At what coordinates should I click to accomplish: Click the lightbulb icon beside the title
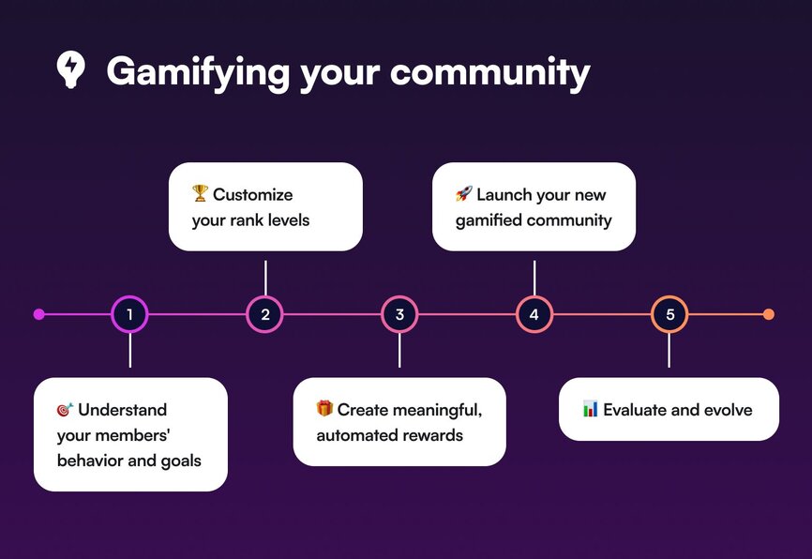(x=70, y=69)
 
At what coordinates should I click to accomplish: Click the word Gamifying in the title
(x=198, y=72)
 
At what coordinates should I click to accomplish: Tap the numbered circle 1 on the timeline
(x=129, y=314)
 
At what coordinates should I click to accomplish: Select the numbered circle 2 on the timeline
(x=264, y=314)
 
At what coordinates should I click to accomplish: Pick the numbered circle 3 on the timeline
(x=399, y=314)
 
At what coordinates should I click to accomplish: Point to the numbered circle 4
(x=534, y=314)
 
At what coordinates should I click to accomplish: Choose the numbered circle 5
(x=669, y=314)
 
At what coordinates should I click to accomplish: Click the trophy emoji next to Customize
(x=200, y=193)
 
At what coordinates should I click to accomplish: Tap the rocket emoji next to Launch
(x=464, y=194)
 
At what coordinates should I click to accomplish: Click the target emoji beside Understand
(x=66, y=409)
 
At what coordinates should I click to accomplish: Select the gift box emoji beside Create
(x=324, y=408)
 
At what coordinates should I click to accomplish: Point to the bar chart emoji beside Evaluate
(x=591, y=409)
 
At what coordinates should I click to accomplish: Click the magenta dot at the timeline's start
(x=38, y=314)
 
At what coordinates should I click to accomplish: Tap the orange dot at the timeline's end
(x=769, y=314)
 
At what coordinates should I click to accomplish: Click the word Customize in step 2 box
(x=253, y=194)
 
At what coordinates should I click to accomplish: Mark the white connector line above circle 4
(x=534, y=278)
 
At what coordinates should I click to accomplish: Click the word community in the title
(x=489, y=72)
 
